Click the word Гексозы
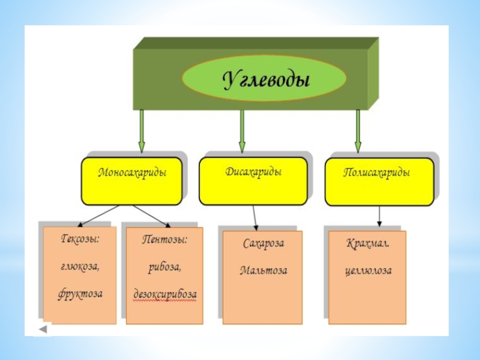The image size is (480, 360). coord(80,239)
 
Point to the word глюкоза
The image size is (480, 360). coord(80,266)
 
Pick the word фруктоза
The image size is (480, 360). coord(80,294)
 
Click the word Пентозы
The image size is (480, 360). coord(164,239)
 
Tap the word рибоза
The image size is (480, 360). coord(164,266)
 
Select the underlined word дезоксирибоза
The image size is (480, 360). coord(164,295)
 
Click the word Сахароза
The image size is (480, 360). coord(263,244)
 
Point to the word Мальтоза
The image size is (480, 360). coord(263,271)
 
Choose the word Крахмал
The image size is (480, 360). coord(368,244)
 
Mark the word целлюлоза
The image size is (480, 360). coord(368,271)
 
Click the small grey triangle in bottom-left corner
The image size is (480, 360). coord(44,330)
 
